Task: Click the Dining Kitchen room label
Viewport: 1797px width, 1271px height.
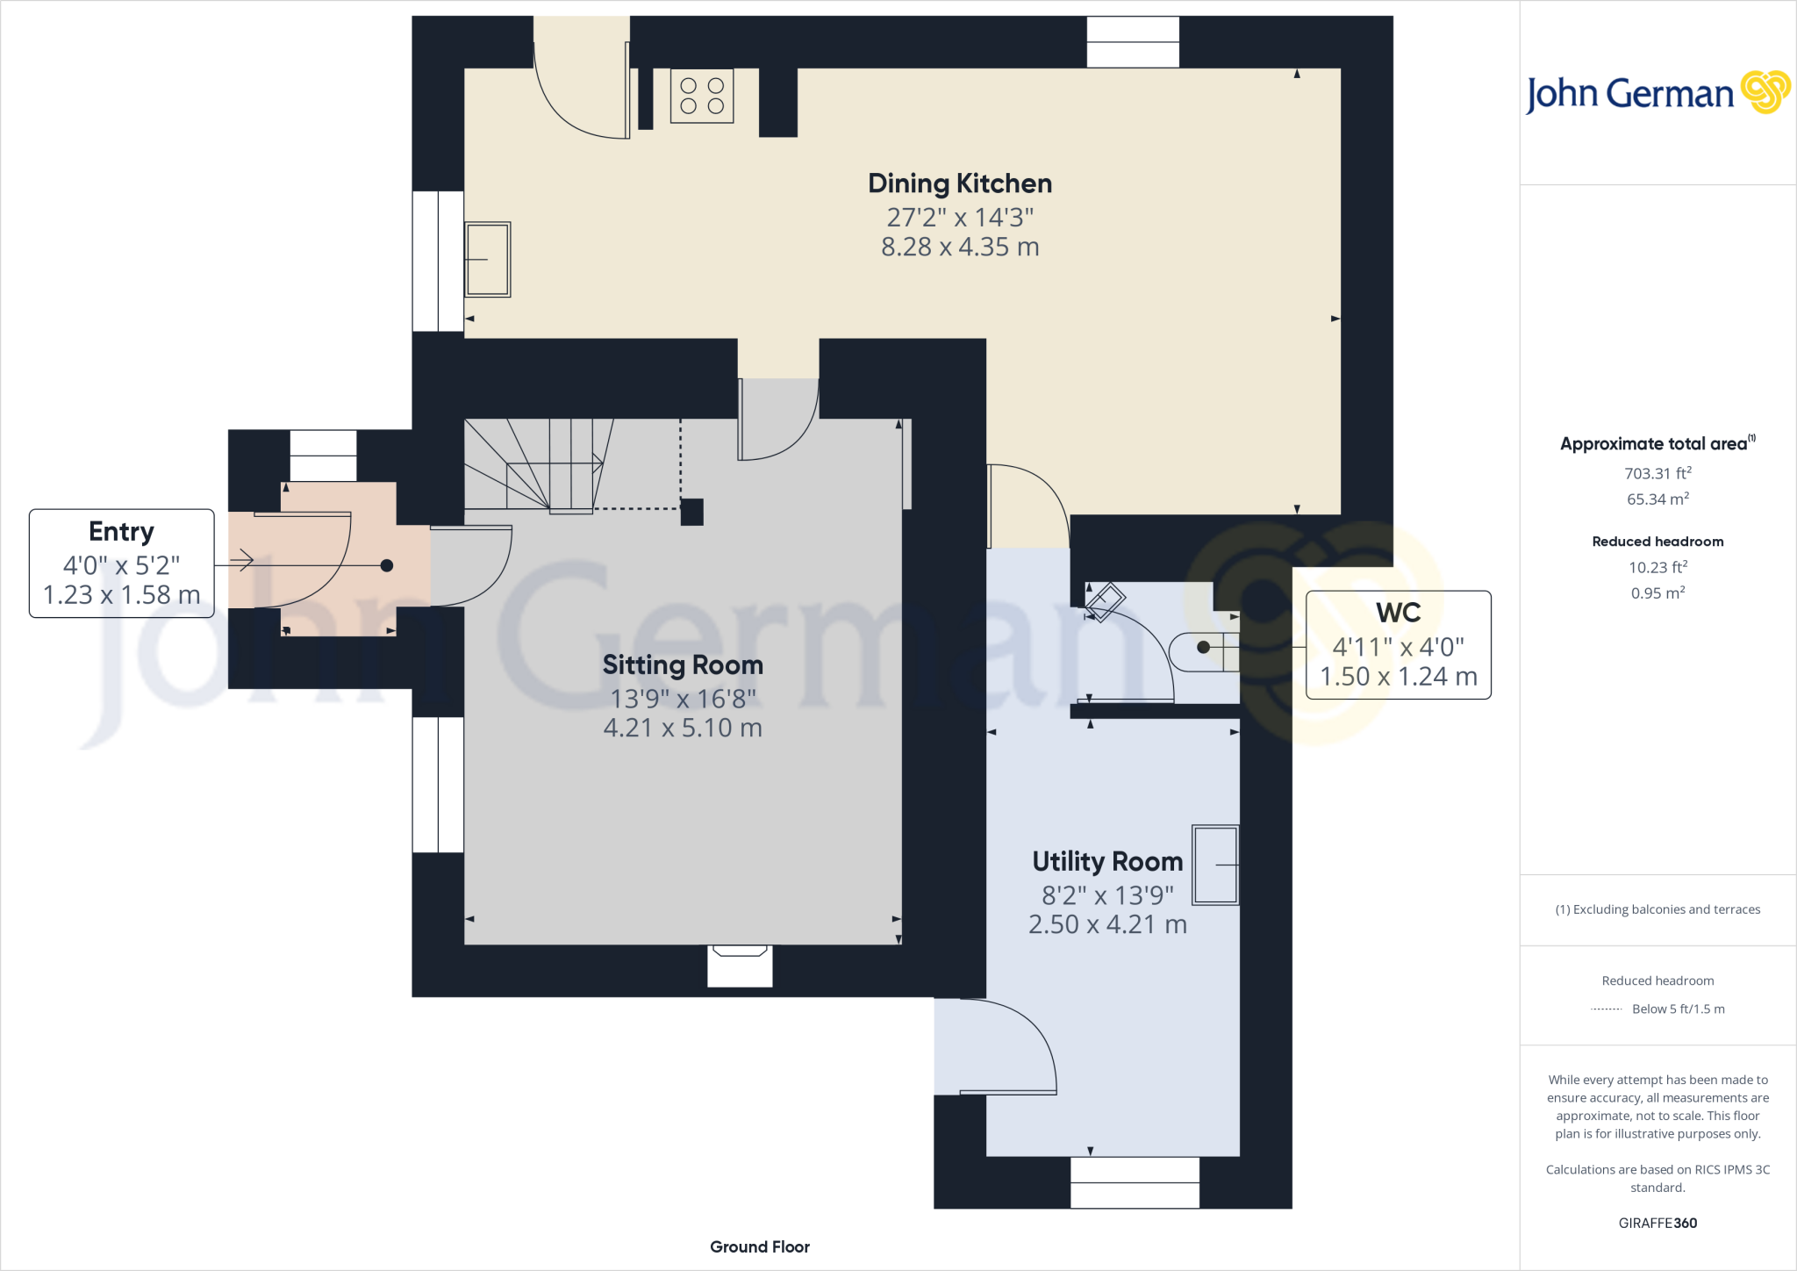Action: (959, 183)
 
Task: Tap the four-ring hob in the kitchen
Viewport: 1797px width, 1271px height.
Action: (702, 96)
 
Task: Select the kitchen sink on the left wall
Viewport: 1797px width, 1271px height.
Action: (487, 259)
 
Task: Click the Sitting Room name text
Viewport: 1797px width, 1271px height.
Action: (683, 665)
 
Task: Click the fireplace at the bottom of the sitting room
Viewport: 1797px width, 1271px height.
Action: (740, 965)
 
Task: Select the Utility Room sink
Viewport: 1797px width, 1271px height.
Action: (1215, 865)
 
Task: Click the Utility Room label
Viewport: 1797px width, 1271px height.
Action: (1107, 862)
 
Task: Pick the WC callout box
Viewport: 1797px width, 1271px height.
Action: (1398, 645)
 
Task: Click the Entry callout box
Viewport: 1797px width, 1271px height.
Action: (122, 564)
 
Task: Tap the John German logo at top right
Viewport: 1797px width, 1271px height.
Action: (1657, 93)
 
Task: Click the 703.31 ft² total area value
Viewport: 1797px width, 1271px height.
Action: (1657, 473)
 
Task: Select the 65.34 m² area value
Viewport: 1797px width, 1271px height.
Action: (1657, 499)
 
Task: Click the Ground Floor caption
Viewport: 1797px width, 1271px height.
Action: (760, 1246)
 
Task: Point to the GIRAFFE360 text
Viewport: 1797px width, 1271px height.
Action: (1657, 1223)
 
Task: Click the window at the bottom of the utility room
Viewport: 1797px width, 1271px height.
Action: (1135, 1182)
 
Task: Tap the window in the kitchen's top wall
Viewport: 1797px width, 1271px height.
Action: (1133, 42)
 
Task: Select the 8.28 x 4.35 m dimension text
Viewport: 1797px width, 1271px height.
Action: (960, 248)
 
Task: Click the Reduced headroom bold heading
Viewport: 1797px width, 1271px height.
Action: (1657, 542)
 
